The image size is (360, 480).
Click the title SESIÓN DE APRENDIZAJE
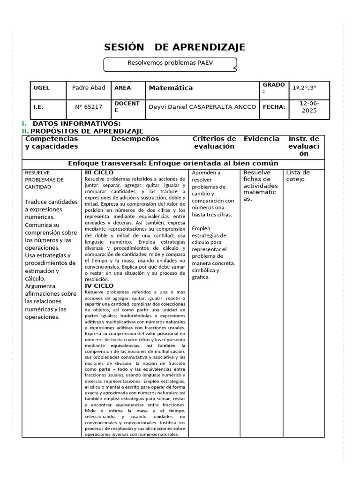tap(174, 47)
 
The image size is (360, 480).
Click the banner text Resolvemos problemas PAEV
tap(170, 62)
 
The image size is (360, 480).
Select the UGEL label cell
tap(41, 88)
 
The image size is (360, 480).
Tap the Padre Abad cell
tap(89, 88)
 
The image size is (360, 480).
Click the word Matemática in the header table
tap(171, 88)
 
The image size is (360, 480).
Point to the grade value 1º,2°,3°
tap(304, 88)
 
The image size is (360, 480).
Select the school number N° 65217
tap(89, 107)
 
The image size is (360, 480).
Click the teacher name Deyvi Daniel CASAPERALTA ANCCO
tap(202, 107)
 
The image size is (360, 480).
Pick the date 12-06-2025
tap(309, 107)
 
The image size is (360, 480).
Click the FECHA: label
tap(274, 107)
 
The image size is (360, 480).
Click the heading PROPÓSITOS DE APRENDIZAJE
tap(87, 131)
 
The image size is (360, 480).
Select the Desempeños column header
tap(135, 139)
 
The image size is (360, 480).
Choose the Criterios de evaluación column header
tap(214, 142)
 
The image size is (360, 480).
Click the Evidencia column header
tap(261, 139)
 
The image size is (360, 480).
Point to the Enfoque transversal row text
tap(173, 164)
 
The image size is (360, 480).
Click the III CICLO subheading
tap(99, 173)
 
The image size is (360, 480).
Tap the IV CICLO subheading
tap(99, 285)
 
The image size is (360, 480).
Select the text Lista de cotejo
tap(298, 176)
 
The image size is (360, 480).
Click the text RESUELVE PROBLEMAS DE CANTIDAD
tap(44, 180)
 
